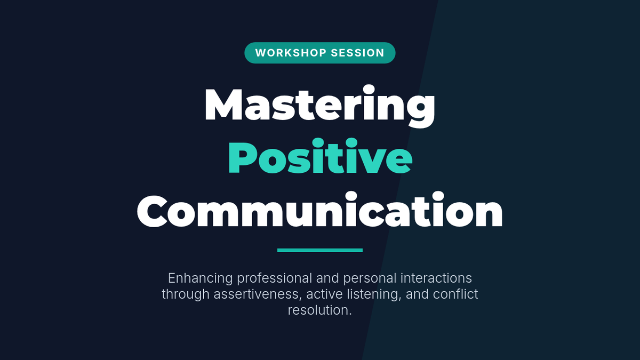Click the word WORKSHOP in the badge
tap(291, 53)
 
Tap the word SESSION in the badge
tap(357, 53)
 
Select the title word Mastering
tap(319, 106)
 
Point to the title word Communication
tap(319, 210)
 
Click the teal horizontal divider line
tap(319, 250)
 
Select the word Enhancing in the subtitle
tap(201, 278)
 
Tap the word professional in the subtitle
tap(274, 278)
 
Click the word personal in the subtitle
tap(370, 279)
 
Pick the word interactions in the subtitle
tap(436, 278)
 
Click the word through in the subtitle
tap(186, 294)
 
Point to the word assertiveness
tap(258, 294)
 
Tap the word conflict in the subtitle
tap(455, 294)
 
